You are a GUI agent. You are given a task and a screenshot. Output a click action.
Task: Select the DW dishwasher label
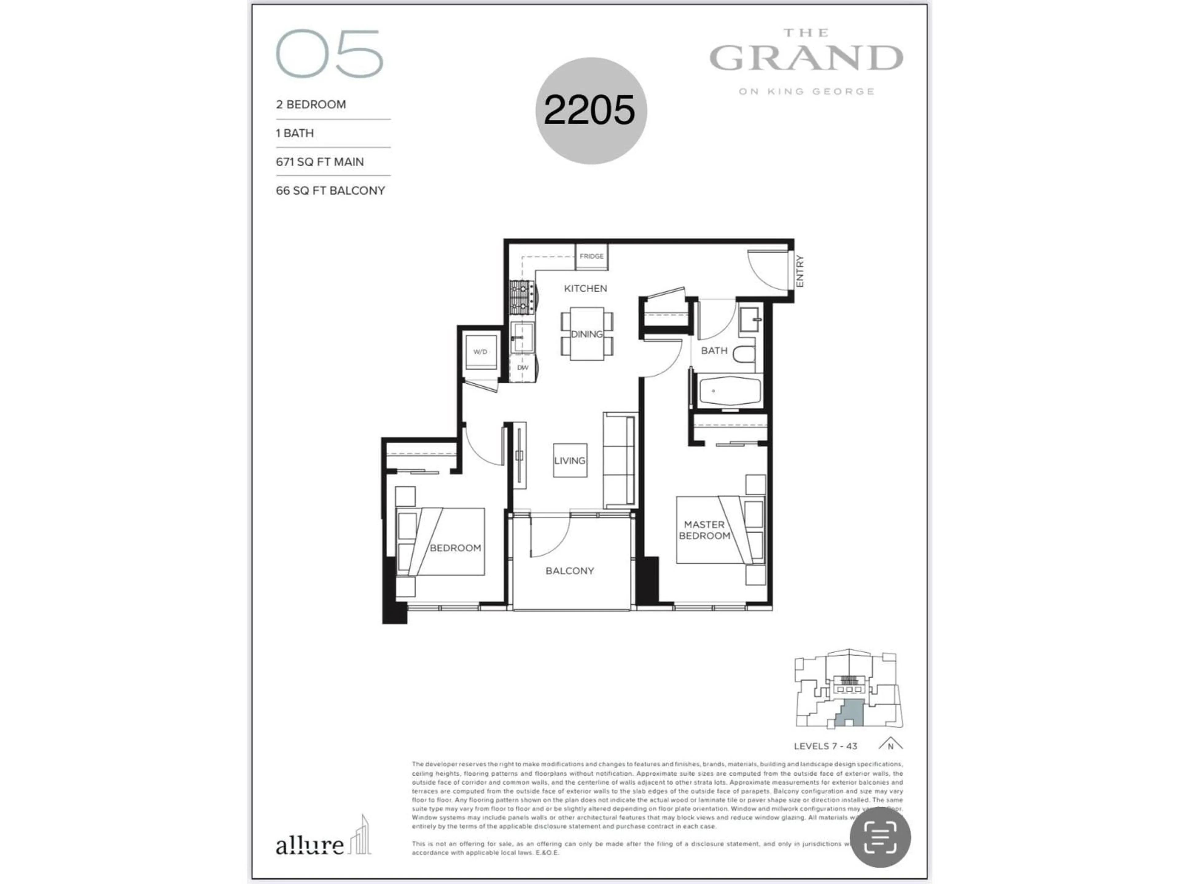point(522,368)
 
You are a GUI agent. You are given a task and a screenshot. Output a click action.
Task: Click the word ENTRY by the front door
point(800,271)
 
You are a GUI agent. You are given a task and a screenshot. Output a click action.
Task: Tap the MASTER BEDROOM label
point(704,530)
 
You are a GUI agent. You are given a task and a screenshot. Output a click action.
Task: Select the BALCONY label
point(569,571)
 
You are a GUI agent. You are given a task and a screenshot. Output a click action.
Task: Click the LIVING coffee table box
point(570,460)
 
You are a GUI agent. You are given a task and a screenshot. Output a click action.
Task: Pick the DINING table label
point(586,334)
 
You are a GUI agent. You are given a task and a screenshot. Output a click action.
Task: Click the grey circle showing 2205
point(590,110)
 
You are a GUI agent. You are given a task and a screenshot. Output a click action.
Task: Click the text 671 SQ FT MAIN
point(320,162)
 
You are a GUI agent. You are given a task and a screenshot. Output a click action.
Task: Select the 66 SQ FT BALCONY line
point(330,191)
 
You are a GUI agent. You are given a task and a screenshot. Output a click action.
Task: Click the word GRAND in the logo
point(806,59)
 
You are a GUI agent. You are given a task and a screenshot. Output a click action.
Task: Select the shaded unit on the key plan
point(849,713)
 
